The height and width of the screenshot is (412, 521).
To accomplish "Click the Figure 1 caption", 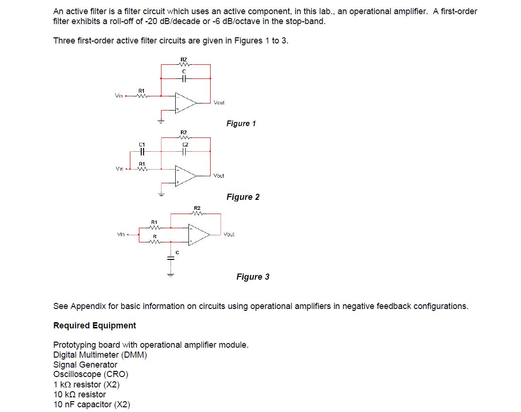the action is (241, 123).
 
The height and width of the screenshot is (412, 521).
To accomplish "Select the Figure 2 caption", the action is (243, 197).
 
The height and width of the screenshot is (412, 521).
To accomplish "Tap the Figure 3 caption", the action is (253, 276).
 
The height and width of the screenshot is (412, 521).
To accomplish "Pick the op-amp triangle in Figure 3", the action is (199, 234).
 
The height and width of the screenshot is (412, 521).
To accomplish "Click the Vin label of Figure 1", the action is (119, 95).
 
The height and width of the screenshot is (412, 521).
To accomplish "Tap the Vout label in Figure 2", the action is (219, 176).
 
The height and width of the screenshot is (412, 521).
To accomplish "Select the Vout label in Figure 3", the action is (229, 234).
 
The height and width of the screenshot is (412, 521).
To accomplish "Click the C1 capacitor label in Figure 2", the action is (141, 144).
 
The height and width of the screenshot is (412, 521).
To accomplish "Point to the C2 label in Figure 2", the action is (185, 144).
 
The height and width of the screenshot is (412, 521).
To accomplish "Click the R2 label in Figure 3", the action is (197, 208).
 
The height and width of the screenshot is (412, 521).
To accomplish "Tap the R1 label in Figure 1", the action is (141, 90).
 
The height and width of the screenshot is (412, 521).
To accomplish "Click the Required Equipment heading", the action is (94, 326).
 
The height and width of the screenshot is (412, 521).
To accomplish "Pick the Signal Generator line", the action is (85, 364).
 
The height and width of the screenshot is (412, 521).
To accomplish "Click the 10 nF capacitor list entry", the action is (92, 404).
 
